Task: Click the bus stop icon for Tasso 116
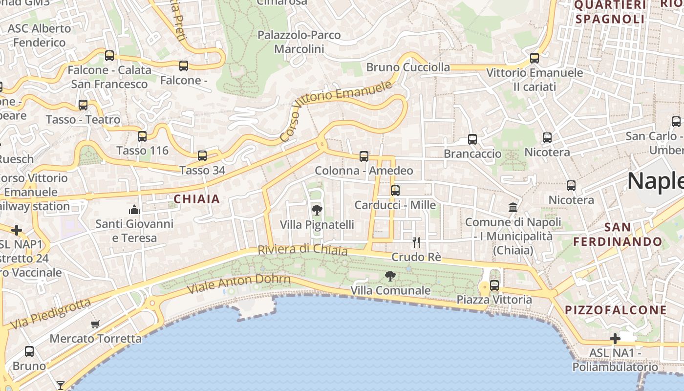coord(142,136)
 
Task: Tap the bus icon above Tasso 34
coord(202,156)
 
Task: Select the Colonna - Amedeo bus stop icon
coord(364,156)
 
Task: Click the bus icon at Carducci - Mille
coord(395,190)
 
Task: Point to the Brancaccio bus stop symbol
coord(472,139)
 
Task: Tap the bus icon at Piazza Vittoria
coord(494,285)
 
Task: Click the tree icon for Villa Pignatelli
coord(317,210)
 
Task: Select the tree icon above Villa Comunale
coord(390,276)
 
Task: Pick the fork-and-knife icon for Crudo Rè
coord(416,242)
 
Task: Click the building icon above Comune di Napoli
coord(513,208)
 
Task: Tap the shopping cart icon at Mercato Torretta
coord(95,324)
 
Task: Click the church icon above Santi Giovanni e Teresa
coord(134,210)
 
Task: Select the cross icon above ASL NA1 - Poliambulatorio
coord(615,338)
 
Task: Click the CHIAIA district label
coord(197,199)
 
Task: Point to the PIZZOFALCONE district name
coord(616,310)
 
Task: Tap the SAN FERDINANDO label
coord(618,235)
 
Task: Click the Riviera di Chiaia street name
coord(302,250)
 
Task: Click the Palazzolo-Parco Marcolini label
coord(299,42)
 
